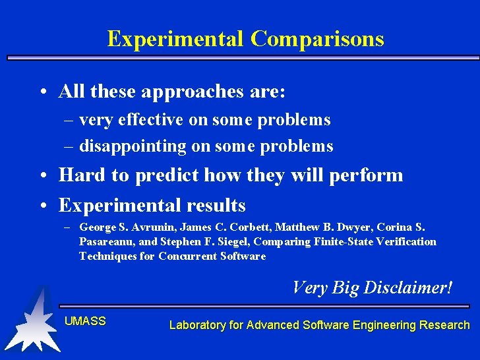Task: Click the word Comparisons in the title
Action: (x=317, y=39)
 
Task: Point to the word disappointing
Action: (x=133, y=146)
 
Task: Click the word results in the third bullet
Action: (x=215, y=205)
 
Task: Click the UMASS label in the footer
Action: (x=85, y=321)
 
